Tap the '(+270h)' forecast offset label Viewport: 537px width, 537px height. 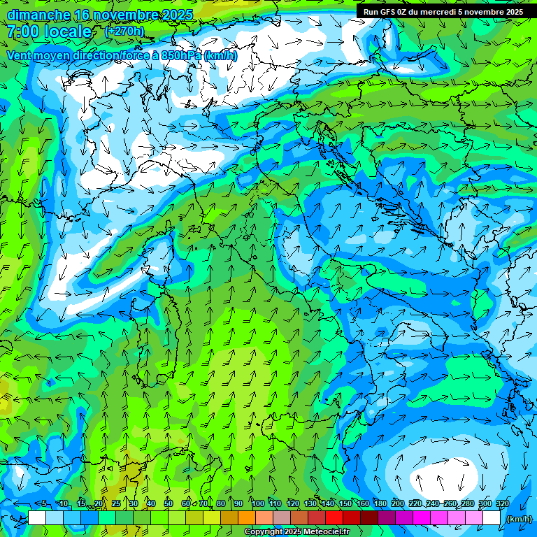pyautogui.click(x=124, y=31)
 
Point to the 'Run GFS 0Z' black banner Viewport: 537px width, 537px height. pyautogui.click(x=443, y=12)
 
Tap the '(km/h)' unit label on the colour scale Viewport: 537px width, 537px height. pyautogui.click(x=518, y=519)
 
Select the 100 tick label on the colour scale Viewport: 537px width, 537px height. pyautogui.click(x=257, y=504)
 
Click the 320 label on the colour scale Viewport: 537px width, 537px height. pyautogui.click(x=501, y=504)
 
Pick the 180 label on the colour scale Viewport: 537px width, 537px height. pyautogui.click(x=380, y=504)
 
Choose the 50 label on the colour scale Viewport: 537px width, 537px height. pyautogui.click(x=169, y=504)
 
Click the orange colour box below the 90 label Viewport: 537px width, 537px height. pyautogui.click(x=247, y=518)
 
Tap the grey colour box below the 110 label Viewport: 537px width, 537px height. pyautogui.click(x=282, y=518)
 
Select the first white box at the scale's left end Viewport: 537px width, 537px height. pyautogui.click(x=37, y=518)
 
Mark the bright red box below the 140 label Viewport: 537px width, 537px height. pyautogui.click(x=334, y=518)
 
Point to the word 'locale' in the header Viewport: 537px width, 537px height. pyautogui.click(x=67, y=32)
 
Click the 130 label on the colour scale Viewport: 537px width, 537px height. pyautogui.click(x=310, y=504)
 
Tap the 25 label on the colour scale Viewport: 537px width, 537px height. pyautogui.click(x=116, y=504)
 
